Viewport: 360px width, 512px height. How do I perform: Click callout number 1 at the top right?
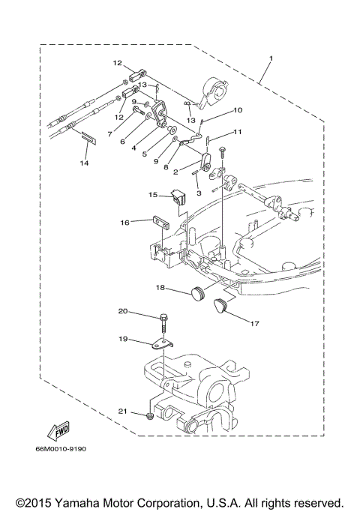[271, 58]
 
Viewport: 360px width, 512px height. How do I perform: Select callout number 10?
[238, 110]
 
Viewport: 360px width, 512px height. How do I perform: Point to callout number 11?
[238, 132]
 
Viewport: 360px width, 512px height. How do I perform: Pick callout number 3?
[199, 193]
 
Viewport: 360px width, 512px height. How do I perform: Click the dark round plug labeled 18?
[199, 292]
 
